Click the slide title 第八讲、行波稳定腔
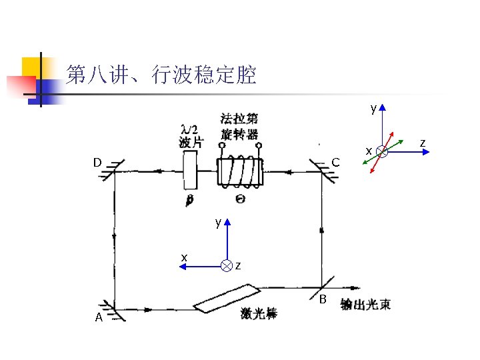[161, 75]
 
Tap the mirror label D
[97, 162]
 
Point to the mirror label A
[99, 317]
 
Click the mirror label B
[323, 298]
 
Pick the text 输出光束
[365, 305]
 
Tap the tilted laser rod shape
[227, 298]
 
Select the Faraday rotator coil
[240, 173]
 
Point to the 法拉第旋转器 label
[239, 126]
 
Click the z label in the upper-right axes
[421, 141]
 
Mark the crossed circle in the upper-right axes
[381, 151]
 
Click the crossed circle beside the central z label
[227, 266]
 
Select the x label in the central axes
[184, 257]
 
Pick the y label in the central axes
[218, 222]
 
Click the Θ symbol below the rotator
[239, 198]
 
